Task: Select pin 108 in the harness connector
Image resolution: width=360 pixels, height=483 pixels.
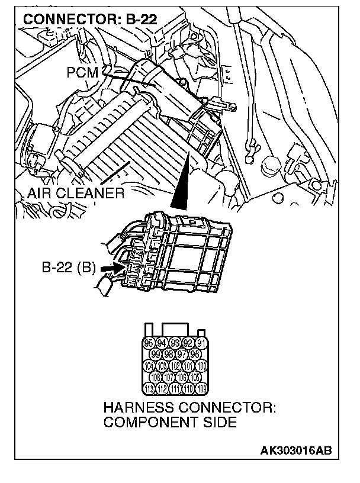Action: (x=157, y=378)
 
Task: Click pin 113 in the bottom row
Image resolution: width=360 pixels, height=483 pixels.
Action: (x=150, y=388)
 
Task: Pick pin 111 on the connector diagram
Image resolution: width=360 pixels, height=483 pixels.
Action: (x=175, y=388)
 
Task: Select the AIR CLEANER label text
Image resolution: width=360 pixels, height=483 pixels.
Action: (x=76, y=193)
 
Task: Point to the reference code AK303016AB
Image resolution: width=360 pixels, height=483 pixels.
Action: (x=296, y=450)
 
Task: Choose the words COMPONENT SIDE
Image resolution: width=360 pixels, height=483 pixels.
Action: (x=170, y=423)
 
